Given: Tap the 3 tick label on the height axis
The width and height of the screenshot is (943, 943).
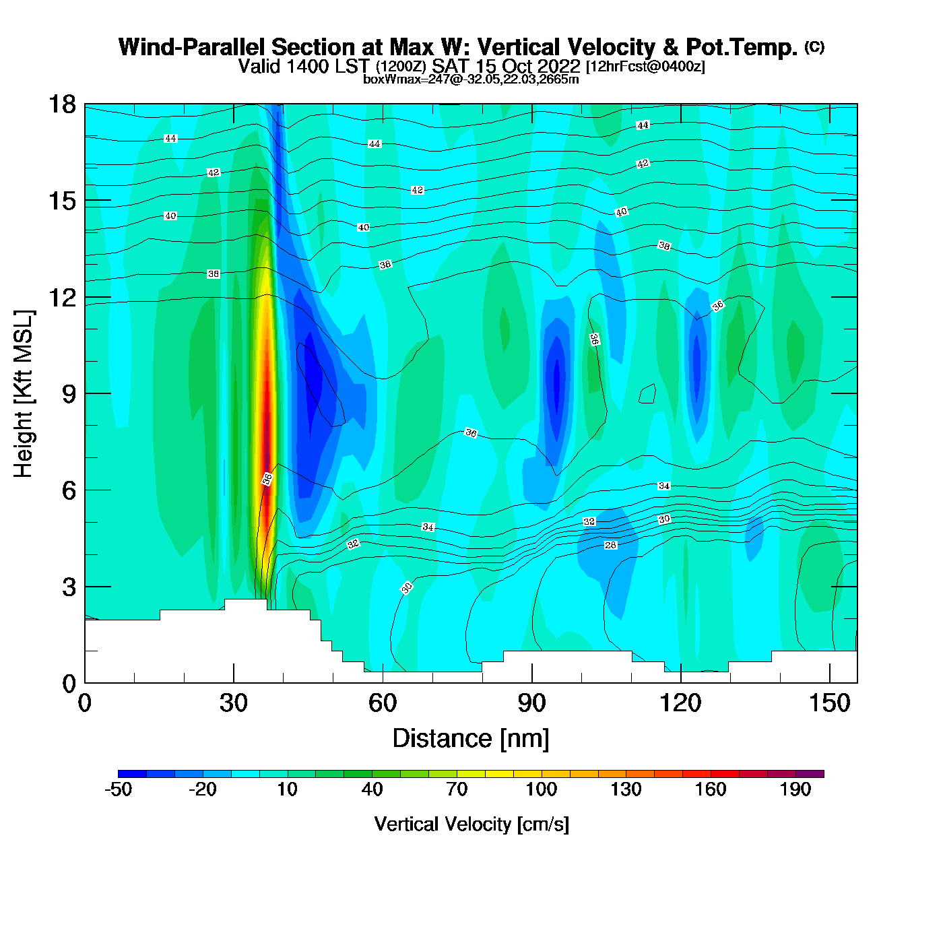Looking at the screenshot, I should click(69, 587).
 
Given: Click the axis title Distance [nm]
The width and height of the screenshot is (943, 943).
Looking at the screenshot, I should click(471, 739).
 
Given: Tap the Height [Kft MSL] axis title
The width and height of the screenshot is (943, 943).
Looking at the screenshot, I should click(24, 394).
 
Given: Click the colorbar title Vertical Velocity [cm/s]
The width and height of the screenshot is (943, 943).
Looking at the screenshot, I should click(471, 824).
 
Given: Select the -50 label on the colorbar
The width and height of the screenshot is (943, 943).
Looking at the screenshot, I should click(118, 789).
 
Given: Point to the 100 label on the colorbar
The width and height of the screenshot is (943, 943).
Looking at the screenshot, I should click(542, 789).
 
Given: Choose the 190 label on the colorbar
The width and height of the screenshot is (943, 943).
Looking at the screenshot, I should click(795, 789).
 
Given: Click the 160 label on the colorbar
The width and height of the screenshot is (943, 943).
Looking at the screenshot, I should click(711, 789).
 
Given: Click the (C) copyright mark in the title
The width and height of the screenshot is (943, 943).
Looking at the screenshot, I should click(814, 46).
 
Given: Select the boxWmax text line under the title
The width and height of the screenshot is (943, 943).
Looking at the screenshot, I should click(471, 79).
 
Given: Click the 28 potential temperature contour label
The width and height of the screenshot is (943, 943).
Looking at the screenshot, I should click(610, 545).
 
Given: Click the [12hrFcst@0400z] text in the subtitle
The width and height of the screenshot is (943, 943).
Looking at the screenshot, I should click(645, 67).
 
